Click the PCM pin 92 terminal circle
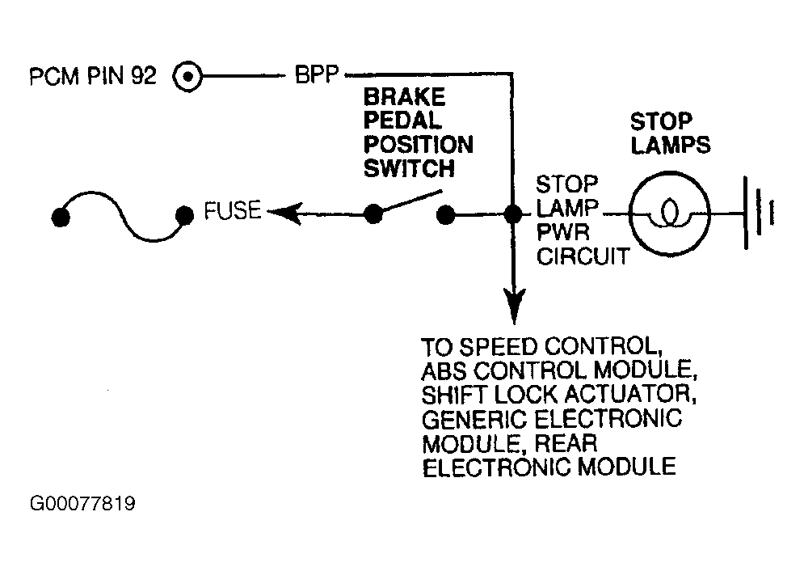click(x=187, y=77)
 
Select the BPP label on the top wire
click(x=317, y=75)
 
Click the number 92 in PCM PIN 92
click(x=143, y=75)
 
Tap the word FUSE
click(x=232, y=211)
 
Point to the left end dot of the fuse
click(x=61, y=217)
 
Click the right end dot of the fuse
click(x=184, y=215)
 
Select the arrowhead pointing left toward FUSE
click(x=284, y=213)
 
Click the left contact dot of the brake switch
click(x=373, y=214)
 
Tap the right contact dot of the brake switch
click(x=445, y=215)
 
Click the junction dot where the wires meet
click(x=513, y=214)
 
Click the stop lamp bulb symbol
click(x=670, y=213)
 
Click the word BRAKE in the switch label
click(x=405, y=97)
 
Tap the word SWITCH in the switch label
click(x=409, y=168)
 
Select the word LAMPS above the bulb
click(x=670, y=145)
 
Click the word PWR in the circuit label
click(x=563, y=232)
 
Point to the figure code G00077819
click(x=82, y=503)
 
